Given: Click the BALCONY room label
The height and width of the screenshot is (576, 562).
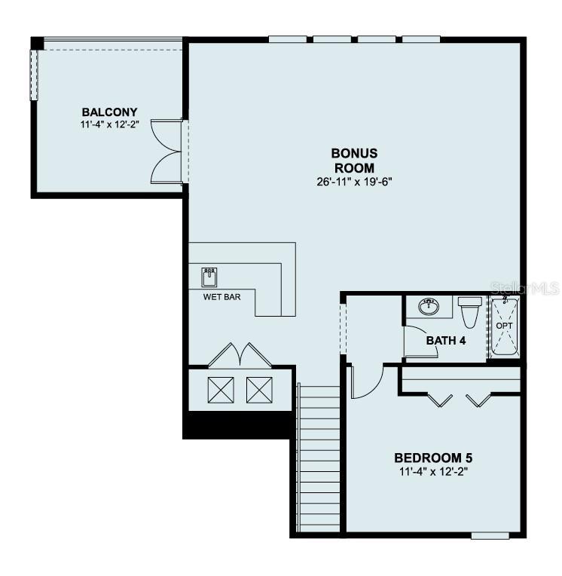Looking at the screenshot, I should [x=110, y=112].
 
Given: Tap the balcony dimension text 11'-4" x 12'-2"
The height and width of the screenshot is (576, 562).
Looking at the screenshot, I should [x=110, y=125].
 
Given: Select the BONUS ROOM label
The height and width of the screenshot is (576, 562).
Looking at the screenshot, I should [x=354, y=160].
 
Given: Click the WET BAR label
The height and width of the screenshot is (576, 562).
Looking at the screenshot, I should [x=221, y=297].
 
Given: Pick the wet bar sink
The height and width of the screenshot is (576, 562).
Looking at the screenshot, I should [x=209, y=277].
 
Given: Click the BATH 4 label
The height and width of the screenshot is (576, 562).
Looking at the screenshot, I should [x=446, y=340].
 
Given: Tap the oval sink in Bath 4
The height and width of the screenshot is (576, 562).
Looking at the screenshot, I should [x=429, y=305].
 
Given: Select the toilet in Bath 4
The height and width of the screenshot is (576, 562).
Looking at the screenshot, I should [x=470, y=311].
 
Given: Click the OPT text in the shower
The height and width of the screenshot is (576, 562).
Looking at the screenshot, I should [x=504, y=325].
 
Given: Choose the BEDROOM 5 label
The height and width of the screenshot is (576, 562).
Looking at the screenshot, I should [x=434, y=458].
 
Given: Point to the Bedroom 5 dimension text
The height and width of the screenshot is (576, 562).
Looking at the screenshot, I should [x=434, y=471].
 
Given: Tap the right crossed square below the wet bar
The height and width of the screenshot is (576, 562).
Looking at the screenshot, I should [x=259, y=389].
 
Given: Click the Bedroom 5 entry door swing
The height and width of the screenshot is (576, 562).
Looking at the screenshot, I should [x=367, y=381].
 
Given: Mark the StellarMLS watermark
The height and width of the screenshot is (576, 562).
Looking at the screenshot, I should [x=524, y=288].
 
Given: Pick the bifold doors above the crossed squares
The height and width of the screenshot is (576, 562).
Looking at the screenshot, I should [x=240, y=356].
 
